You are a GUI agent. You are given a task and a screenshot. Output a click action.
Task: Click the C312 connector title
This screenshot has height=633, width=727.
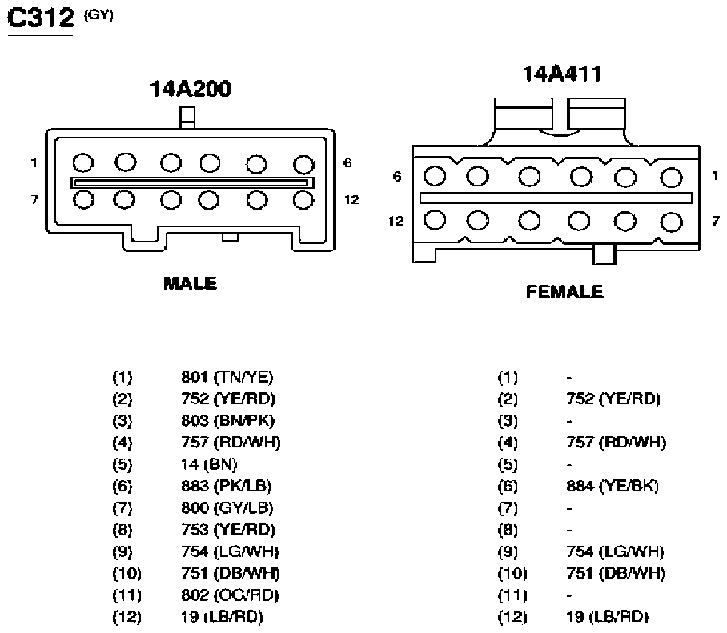click(41, 18)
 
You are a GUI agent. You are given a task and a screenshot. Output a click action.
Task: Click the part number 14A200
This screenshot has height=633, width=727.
click(191, 89)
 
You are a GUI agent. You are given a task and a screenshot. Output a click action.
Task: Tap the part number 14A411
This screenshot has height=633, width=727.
click(562, 74)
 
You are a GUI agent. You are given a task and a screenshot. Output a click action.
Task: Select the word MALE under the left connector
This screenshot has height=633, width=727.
click(190, 283)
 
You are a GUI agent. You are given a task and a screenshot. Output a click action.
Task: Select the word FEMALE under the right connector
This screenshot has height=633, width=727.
click(564, 292)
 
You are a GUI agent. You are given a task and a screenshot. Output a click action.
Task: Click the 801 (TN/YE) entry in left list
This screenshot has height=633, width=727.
click(227, 377)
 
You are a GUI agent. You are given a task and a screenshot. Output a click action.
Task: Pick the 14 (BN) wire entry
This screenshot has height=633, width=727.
click(209, 464)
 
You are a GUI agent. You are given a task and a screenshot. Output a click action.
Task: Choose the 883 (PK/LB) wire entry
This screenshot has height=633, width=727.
click(227, 486)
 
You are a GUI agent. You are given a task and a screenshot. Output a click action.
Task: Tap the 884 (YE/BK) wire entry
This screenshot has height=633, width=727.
click(613, 486)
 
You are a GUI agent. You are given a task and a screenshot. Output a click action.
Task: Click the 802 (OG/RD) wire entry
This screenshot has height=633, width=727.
click(230, 595)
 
